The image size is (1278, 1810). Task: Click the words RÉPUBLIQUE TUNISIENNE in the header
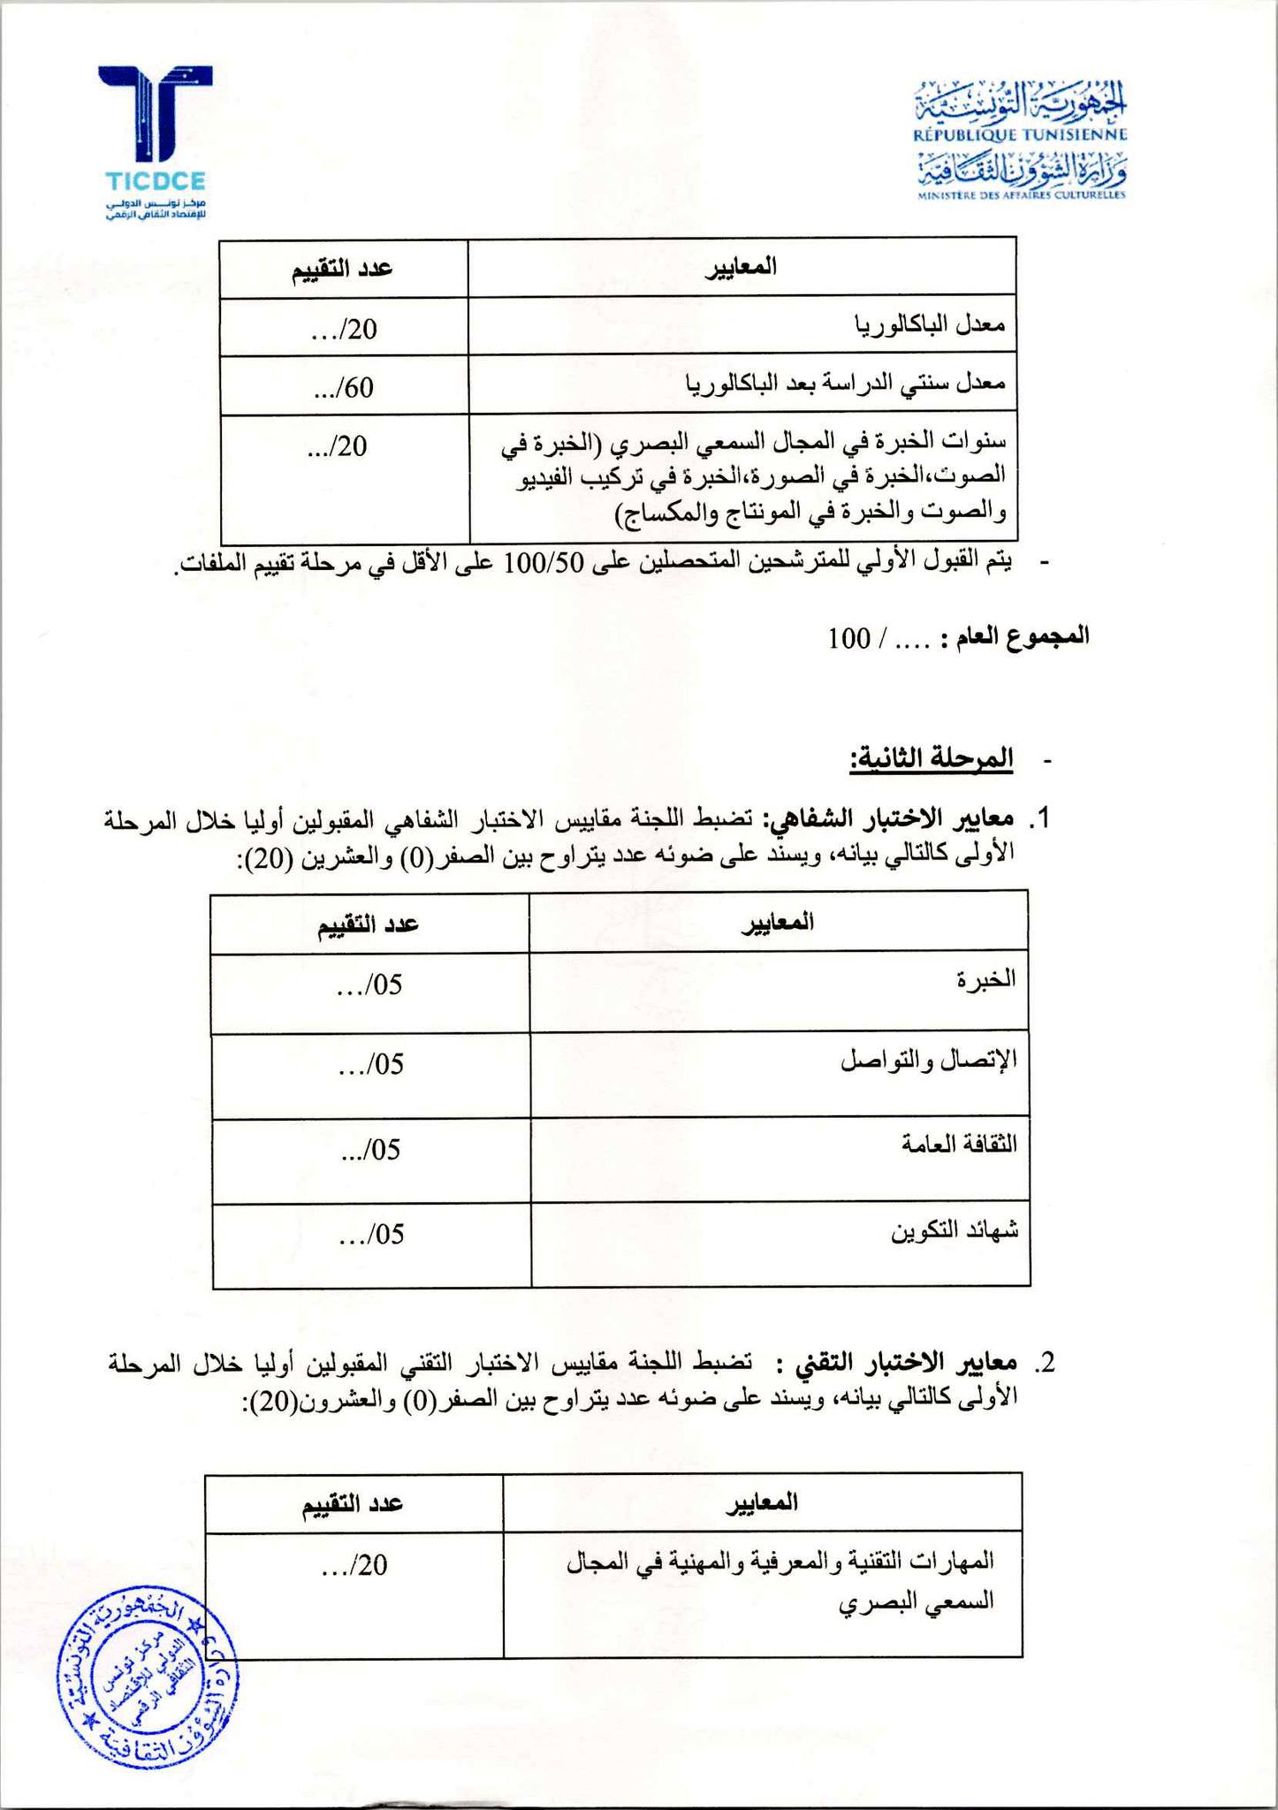click(x=1020, y=135)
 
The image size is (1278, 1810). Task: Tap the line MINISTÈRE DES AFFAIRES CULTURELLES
click(x=1021, y=195)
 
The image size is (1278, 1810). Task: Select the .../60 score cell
click(x=344, y=386)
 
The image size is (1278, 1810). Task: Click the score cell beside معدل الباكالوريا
click(x=344, y=329)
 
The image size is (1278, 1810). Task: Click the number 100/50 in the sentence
click(x=545, y=564)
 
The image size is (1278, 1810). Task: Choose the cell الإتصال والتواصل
click(x=928, y=1061)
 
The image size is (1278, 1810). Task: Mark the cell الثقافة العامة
click(x=959, y=1145)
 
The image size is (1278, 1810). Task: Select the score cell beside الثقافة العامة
click(x=371, y=1150)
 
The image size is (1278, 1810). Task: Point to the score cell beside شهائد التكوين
click(x=371, y=1235)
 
